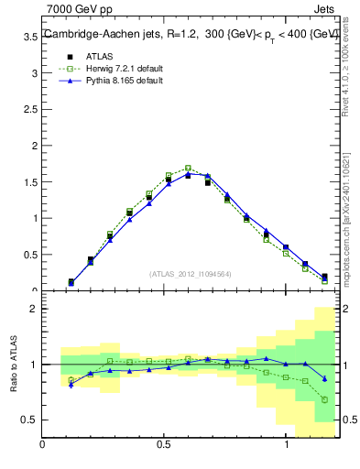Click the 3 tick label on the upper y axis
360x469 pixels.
(33, 72)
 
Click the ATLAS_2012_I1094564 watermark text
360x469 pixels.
(190, 273)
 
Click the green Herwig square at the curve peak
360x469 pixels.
(188, 168)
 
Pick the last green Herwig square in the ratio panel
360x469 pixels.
(324, 399)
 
